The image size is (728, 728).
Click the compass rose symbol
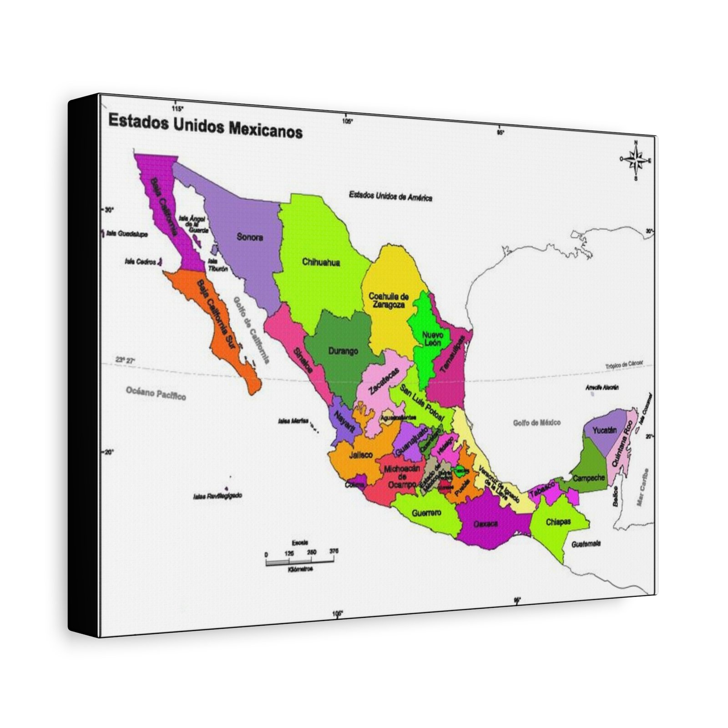click(x=636, y=160)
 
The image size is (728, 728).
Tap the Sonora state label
click(x=250, y=237)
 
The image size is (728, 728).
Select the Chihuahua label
click(x=321, y=262)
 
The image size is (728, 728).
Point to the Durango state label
click(x=343, y=351)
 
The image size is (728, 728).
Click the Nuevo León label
click(x=432, y=339)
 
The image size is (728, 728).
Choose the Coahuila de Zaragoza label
click(x=388, y=301)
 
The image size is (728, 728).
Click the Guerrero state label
click(x=426, y=513)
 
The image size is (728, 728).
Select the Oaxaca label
click(x=485, y=524)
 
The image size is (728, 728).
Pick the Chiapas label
click(x=558, y=522)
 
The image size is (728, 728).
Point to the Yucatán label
click(x=605, y=430)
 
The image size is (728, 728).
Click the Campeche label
click(x=589, y=478)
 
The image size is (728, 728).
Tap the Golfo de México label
click(x=537, y=423)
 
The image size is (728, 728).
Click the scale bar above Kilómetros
click(x=301, y=561)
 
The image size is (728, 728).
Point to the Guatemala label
click(x=586, y=544)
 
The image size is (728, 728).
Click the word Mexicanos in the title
click(x=265, y=130)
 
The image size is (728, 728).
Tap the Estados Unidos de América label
click(x=390, y=196)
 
